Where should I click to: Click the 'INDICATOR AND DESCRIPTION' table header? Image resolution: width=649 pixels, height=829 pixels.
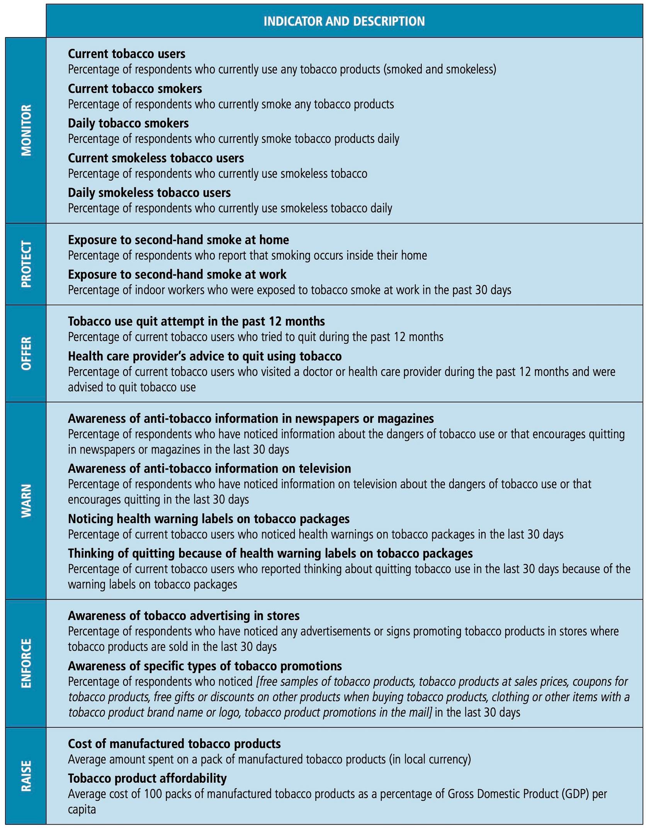click(344, 21)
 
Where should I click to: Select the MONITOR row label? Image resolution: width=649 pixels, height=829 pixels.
click(26, 130)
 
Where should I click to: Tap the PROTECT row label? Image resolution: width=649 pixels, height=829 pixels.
click(26, 264)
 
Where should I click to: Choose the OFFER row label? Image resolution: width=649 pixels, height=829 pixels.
click(26, 353)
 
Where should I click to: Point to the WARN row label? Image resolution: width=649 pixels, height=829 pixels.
click(26, 500)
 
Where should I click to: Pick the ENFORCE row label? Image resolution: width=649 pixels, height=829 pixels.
click(26, 663)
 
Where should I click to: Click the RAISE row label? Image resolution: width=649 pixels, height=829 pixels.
click(26, 776)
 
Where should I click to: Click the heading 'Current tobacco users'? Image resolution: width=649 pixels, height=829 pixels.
click(127, 54)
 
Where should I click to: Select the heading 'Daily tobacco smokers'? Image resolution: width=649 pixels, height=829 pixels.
click(128, 123)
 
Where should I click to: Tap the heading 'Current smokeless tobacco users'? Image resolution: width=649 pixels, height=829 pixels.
click(156, 158)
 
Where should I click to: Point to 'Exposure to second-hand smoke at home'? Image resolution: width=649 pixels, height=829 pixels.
click(178, 240)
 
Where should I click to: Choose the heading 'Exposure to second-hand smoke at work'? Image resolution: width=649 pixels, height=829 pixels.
click(177, 275)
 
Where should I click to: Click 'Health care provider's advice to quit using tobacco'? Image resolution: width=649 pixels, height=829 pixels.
click(205, 356)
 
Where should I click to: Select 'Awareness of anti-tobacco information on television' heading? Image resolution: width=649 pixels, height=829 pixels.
click(209, 468)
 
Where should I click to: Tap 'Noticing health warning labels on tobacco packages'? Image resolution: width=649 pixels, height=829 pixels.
click(209, 519)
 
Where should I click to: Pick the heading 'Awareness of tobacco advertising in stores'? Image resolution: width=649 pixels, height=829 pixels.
click(184, 615)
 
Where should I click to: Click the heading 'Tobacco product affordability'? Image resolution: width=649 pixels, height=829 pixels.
click(147, 778)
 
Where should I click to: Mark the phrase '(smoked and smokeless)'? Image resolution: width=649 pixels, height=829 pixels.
click(440, 70)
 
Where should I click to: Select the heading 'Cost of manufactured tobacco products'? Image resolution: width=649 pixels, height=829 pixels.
click(174, 743)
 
